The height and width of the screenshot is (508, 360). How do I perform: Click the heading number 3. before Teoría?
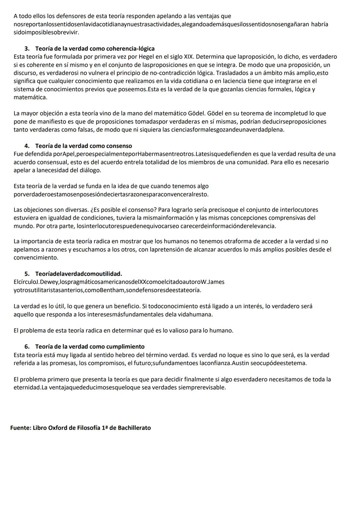pos(27,49)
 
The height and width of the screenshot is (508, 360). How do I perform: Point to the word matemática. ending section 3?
pos(30,97)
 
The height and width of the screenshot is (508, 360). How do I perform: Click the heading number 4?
pos(27,146)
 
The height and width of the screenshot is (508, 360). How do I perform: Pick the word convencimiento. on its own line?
pos(36,257)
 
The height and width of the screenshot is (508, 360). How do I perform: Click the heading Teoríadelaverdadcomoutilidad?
pos(79,274)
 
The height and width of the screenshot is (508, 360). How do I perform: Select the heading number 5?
pos(27,274)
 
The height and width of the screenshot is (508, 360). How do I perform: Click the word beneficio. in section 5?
pos(127,306)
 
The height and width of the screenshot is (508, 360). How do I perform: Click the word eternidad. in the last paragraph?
pos(27,387)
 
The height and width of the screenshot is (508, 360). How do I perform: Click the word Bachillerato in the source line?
pos(134,428)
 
